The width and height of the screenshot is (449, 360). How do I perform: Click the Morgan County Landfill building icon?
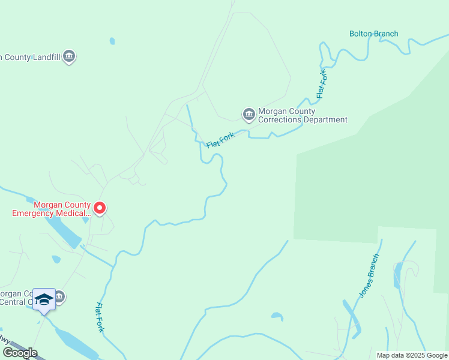tap(69, 57)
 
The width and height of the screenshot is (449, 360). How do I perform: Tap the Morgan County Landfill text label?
tap(30, 58)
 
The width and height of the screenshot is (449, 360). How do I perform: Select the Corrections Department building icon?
tap(249, 114)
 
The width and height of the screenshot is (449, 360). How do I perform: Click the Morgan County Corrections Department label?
tap(303, 115)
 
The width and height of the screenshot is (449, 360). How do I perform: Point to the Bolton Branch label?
tap(373, 34)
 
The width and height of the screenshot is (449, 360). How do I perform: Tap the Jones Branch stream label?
tap(369, 277)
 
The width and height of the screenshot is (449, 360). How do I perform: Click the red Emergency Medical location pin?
tap(100, 208)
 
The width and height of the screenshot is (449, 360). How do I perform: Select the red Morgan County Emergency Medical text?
tap(51, 208)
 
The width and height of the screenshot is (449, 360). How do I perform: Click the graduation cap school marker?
tap(44, 299)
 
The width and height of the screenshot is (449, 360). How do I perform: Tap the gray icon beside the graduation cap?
tap(59, 296)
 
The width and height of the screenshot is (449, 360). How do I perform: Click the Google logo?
tap(20, 353)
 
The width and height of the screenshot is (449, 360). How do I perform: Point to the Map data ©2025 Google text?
tap(412, 355)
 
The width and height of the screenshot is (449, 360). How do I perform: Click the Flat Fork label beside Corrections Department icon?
tap(220, 141)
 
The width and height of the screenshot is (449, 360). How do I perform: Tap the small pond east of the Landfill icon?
tap(112, 41)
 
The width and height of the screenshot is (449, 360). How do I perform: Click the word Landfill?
tap(47, 58)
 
